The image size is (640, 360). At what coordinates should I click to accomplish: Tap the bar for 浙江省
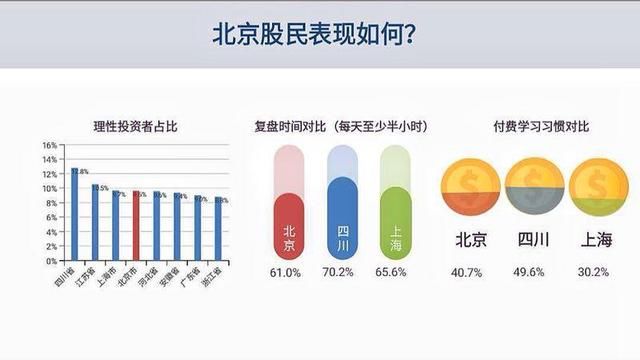pyautogui.click(x=219, y=229)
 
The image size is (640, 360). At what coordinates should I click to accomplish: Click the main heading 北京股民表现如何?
pyautogui.click(x=319, y=34)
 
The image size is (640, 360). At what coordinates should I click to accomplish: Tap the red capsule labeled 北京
pyautogui.click(x=288, y=225)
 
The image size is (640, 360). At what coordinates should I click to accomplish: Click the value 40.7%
pyautogui.click(x=471, y=271)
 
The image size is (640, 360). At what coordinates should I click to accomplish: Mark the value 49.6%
pyautogui.click(x=530, y=271)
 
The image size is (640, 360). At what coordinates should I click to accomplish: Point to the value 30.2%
pyautogui.click(x=591, y=271)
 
